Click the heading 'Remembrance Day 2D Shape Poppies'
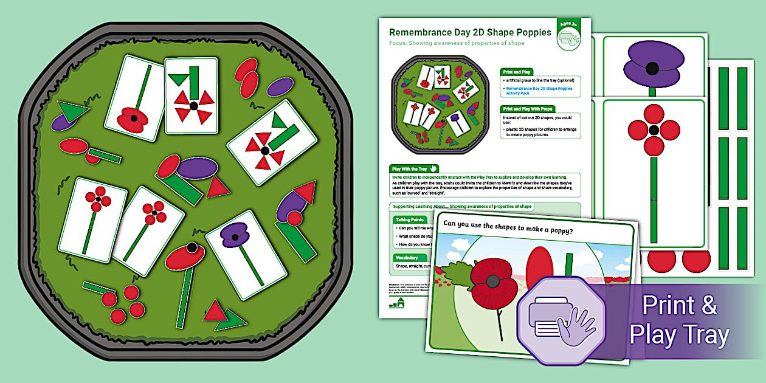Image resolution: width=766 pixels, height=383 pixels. pos(470,32)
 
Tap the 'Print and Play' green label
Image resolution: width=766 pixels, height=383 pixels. pos(518,71)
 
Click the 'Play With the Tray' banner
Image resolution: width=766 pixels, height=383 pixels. pos(413,168)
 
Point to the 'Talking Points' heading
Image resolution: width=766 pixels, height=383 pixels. pos(410,219)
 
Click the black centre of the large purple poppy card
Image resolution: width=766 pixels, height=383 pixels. pos(653,68)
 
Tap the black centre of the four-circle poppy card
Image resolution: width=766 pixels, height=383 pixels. pos(654,130)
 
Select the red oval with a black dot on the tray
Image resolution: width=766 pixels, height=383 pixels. pos(185,257)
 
